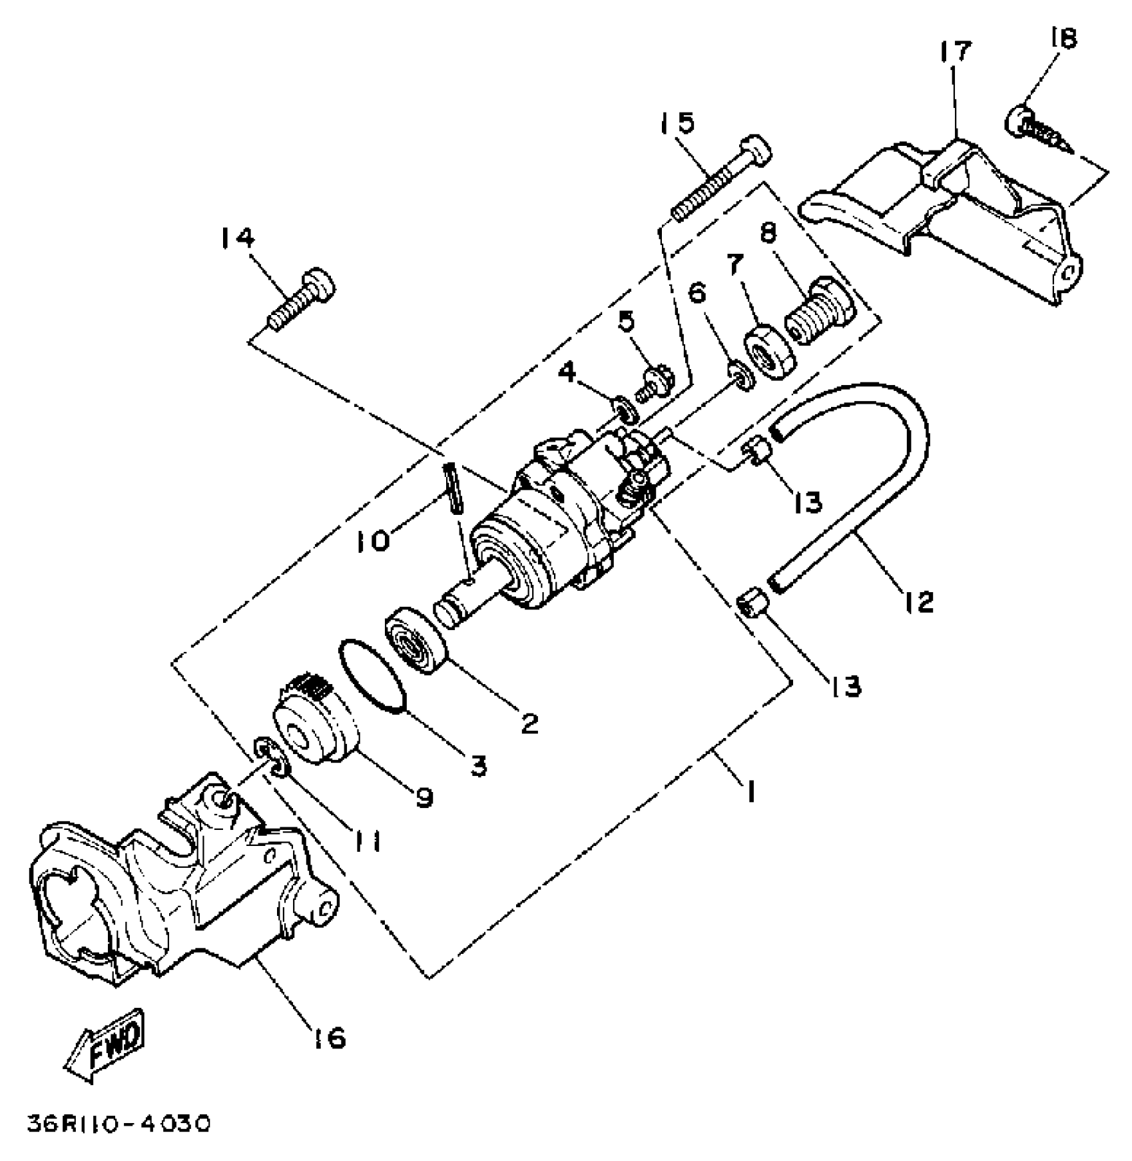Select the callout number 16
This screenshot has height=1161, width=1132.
[328, 1037]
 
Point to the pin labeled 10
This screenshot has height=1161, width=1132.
[452, 488]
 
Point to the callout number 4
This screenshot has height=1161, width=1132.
[567, 372]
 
